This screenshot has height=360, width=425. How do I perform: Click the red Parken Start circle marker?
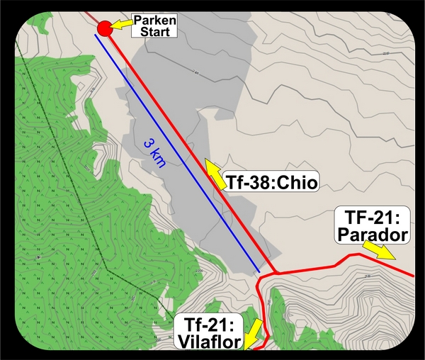coord(104,28)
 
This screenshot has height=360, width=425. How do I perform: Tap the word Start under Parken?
coord(154,31)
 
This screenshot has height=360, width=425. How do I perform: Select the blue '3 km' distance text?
coord(154,153)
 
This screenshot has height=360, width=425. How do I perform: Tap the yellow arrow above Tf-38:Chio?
coord(213,169)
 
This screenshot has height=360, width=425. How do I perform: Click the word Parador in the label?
coord(371,234)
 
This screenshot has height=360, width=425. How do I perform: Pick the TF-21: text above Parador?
coord(371,217)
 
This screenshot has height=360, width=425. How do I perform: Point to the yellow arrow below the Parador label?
coord(379,249)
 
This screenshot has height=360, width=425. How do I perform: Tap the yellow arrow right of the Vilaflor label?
coord(254,332)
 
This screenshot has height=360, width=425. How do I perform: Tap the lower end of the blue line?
coord(259,271)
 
